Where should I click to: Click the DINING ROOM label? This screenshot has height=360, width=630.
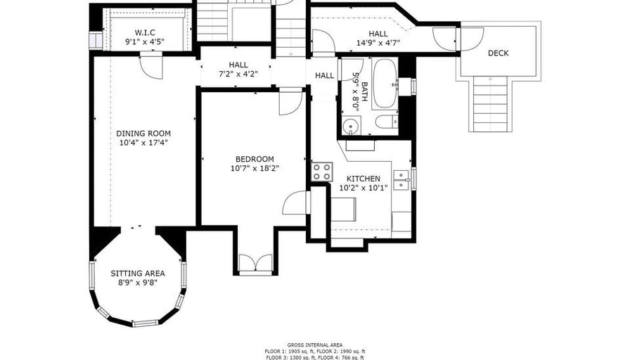[143, 134]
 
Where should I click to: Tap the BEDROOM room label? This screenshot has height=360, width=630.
[255, 159]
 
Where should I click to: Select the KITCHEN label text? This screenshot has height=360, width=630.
[364, 179]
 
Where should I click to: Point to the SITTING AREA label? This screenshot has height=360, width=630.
[138, 274]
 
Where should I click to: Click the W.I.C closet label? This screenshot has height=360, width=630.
[145, 32]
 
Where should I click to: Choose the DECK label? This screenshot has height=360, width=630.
[499, 53]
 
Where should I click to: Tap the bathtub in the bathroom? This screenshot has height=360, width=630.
[385, 84]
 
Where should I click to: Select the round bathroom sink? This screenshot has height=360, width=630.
[352, 127]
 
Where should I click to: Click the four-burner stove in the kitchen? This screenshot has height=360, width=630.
[322, 172]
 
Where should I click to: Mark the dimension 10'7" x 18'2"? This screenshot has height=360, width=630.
[255, 168]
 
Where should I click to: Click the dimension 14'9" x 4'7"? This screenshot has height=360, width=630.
[378, 43]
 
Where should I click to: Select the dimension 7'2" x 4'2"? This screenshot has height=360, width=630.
[238, 74]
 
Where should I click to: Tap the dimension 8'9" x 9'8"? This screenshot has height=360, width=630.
[138, 283]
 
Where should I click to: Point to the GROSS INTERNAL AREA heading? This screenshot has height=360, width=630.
[315, 345]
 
